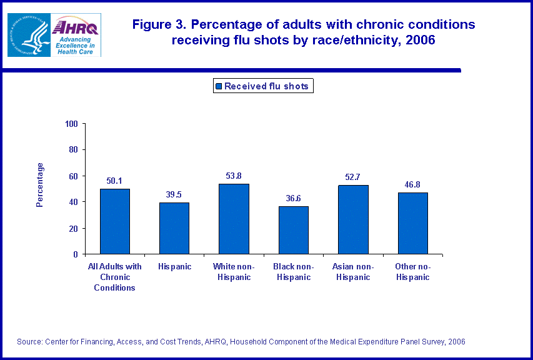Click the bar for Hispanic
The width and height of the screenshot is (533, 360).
(x=174, y=228)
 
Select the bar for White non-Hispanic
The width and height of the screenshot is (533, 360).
(x=234, y=219)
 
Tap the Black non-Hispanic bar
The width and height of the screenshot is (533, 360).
(x=293, y=230)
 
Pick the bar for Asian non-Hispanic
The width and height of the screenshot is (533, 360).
(x=353, y=219)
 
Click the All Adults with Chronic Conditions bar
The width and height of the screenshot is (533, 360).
(x=115, y=221)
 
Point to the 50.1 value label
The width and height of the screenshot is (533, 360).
(x=115, y=181)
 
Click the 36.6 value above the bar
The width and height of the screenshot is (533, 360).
(x=293, y=198)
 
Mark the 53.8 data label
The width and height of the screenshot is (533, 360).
(x=234, y=176)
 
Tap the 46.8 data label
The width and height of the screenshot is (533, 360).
(x=412, y=185)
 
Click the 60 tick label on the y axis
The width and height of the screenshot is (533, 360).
(x=73, y=176)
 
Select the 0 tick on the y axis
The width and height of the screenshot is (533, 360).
(x=76, y=254)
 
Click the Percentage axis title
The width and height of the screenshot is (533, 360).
(x=40, y=185)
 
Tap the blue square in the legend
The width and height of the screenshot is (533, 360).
(x=218, y=87)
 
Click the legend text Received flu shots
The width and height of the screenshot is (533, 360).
(x=266, y=87)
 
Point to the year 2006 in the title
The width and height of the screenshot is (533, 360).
(x=420, y=41)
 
